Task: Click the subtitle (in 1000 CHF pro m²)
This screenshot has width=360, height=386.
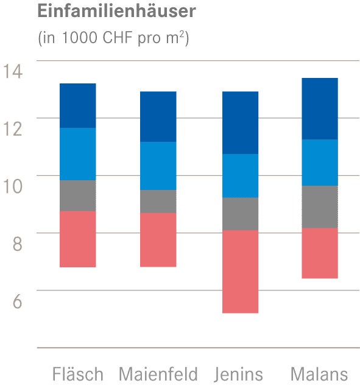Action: [x=113, y=38]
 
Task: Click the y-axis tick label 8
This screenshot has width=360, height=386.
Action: [x=16, y=244]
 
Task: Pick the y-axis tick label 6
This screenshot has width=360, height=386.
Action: [x=16, y=301]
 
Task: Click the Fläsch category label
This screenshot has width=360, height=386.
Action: [x=77, y=373]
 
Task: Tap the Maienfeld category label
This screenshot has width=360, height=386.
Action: [x=158, y=373]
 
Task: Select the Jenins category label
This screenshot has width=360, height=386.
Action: [x=239, y=373]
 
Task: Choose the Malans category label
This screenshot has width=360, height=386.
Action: [x=319, y=373]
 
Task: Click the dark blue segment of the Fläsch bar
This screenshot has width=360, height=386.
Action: [x=77, y=105]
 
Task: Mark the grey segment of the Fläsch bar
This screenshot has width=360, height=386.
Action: [x=77, y=195]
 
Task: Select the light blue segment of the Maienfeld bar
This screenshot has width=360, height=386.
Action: [x=158, y=166]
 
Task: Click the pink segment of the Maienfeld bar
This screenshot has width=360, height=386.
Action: [x=158, y=240]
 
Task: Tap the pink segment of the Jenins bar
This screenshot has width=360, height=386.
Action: [x=241, y=272]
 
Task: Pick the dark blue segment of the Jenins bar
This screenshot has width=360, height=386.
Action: [x=241, y=122]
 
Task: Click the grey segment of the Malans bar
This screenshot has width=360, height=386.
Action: [x=320, y=207]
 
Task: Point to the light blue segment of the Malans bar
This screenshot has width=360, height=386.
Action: [x=320, y=163]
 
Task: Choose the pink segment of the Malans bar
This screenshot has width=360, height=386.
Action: [x=320, y=253]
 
